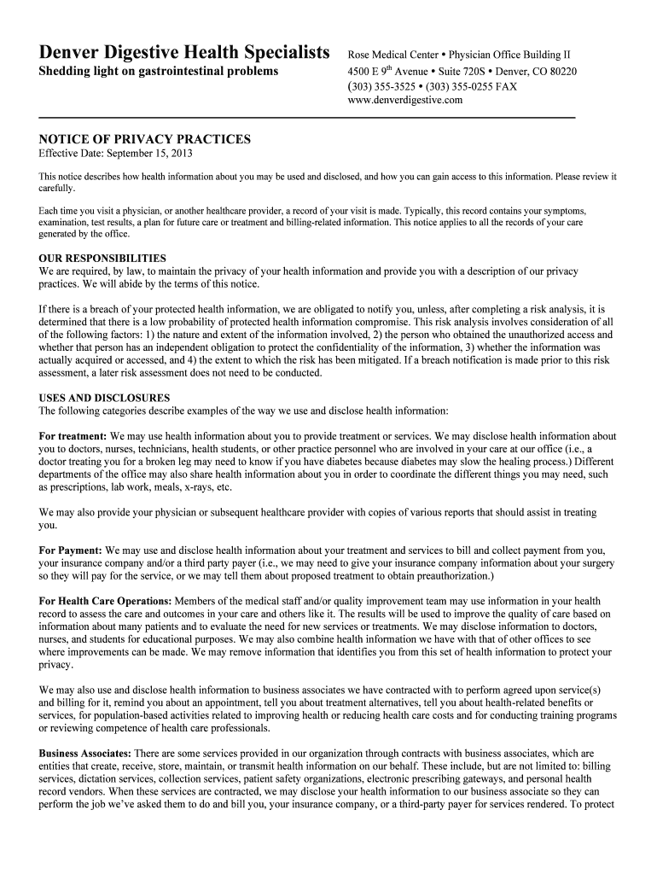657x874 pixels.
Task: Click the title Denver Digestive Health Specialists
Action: coord(184,53)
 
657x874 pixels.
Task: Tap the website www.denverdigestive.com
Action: coord(405,100)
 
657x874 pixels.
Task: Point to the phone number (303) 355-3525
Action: coord(381,86)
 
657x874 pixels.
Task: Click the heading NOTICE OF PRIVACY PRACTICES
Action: coord(145,138)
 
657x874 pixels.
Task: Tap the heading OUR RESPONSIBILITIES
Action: coord(103,258)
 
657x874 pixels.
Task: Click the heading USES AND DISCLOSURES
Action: coord(105,398)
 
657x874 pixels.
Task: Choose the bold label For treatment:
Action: coord(73,436)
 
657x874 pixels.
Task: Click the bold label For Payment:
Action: coord(71,551)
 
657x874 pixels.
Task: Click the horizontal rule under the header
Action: coord(307,117)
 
